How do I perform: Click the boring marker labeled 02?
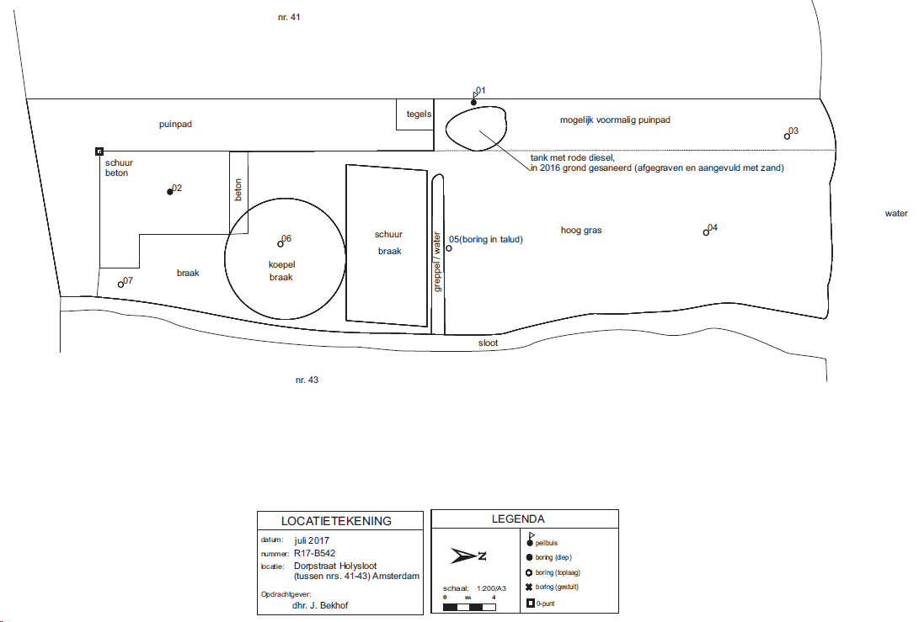(x=170, y=192)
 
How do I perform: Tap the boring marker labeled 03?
(x=787, y=136)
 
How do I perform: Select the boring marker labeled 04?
(x=706, y=232)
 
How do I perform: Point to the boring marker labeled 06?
(x=281, y=244)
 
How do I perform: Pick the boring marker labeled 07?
(x=120, y=284)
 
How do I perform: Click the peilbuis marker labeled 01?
(x=473, y=103)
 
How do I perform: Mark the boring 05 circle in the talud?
(x=449, y=248)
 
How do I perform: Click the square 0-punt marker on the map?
(x=99, y=152)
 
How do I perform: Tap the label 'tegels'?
(x=419, y=114)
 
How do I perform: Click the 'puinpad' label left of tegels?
(x=175, y=125)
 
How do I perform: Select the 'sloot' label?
(x=488, y=343)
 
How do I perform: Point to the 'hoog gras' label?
(x=581, y=230)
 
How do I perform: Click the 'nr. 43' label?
(x=307, y=380)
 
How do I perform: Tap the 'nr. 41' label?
(x=289, y=17)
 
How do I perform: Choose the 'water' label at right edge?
(x=896, y=213)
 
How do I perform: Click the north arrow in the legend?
(x=468, y=556)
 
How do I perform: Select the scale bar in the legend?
(x=469, y=608)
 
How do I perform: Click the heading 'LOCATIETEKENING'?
(x=336, y=521)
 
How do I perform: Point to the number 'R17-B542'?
(x=315, y=553)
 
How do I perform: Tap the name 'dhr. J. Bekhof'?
(x=320, y=605)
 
